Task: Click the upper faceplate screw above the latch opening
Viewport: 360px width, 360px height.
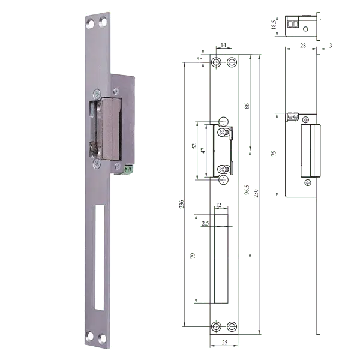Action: click(96, 93)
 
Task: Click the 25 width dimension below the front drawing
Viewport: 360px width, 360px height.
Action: click(223, 341)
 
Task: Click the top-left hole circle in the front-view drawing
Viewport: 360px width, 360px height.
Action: click(217, 62)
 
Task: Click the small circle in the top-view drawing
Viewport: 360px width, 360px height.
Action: click(305, 28)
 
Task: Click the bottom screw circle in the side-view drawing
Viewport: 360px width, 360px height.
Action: click(308, 181)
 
